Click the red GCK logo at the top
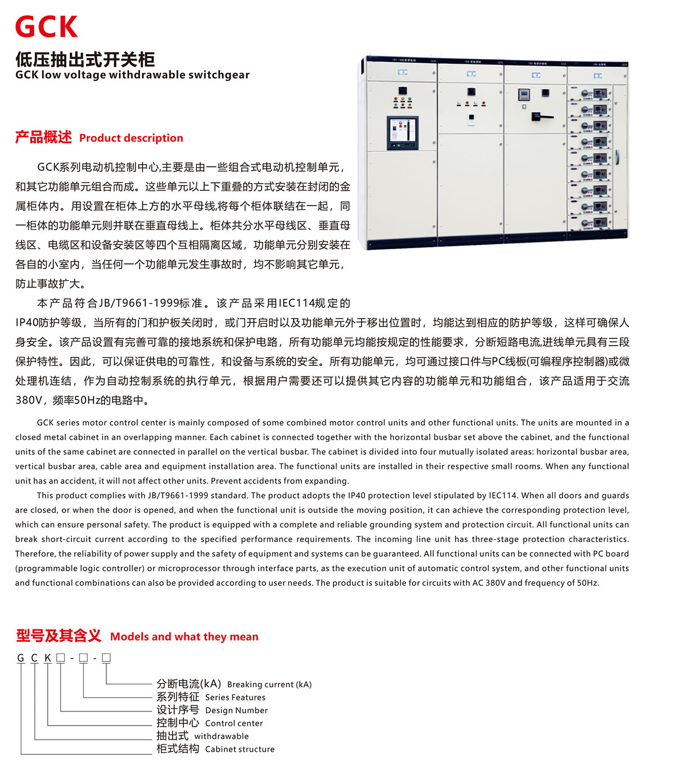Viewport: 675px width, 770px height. pos(46,26)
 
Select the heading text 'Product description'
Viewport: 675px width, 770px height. pos(131,138)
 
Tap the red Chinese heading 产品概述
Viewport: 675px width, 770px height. pos(43,137)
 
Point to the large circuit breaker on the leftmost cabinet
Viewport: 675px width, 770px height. pos(402,133)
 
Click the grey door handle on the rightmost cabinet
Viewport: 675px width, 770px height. pos(616,157)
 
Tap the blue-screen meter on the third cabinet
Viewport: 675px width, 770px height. pos(524,95)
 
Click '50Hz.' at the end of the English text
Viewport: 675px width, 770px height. pos(588,583)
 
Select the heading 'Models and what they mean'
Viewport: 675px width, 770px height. pos(184,637)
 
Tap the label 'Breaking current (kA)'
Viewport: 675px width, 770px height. pos(269,684)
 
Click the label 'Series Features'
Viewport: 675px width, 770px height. pos(235,697)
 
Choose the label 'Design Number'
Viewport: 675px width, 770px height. pos(236,710)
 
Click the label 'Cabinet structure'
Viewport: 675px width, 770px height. pos(240,749)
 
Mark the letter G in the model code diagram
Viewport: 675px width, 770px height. pos(21,658)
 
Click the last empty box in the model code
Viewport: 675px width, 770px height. pos(106,657)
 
